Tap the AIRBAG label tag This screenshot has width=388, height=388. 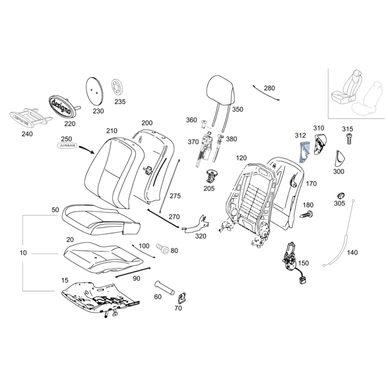[66, 145]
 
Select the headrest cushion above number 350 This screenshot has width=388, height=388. [222, 89]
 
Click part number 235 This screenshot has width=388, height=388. [120, 102]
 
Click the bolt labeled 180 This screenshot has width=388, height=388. [307, 214]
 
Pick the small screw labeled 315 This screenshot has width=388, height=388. [348, 139]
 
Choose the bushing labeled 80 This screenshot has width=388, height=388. [162, 248]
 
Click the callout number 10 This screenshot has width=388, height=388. [24, 253]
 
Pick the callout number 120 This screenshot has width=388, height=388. [242, 158]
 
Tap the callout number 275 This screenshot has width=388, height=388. [175, 195]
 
